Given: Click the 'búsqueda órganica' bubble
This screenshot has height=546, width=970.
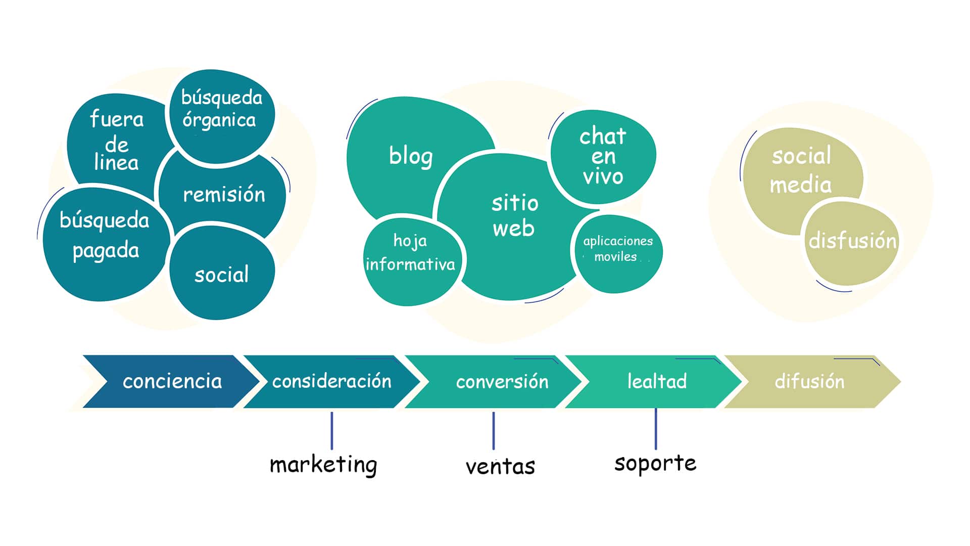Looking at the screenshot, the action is coord(221,117).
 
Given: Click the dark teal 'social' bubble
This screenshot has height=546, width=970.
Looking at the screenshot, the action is coord(222,274).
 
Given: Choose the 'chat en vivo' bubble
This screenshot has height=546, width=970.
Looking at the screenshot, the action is coord(603,157).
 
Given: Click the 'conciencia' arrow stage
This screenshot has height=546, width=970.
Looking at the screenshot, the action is coord(172,381).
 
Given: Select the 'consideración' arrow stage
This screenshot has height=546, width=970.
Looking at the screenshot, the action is coord(332,381).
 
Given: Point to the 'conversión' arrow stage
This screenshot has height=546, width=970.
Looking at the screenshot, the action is coord(502,381).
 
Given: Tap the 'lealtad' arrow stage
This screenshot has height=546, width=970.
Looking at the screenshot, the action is coord(657,381).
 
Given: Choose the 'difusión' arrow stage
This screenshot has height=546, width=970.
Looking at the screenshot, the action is coord(809,381).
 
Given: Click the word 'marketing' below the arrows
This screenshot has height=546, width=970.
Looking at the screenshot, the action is coord(323,465).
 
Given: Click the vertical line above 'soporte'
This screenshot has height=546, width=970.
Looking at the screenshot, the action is coord(656,429).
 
